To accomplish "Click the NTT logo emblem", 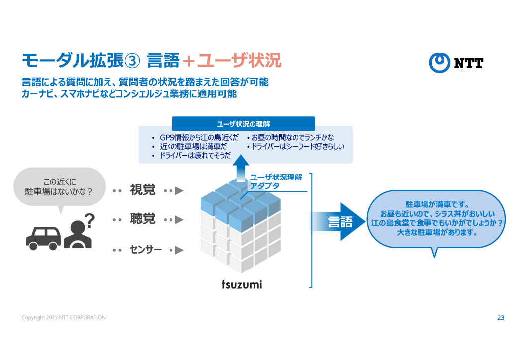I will [440, 62].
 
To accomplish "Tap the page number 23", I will [500, 317].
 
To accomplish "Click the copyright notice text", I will [64, 317].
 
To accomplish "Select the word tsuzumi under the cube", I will [242, 285].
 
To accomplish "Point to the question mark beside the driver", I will [90, 219].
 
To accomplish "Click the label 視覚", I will [143, 190].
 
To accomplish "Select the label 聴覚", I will [143, 219].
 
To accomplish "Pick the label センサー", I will [146, 249].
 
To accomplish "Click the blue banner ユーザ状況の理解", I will [243, 123].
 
